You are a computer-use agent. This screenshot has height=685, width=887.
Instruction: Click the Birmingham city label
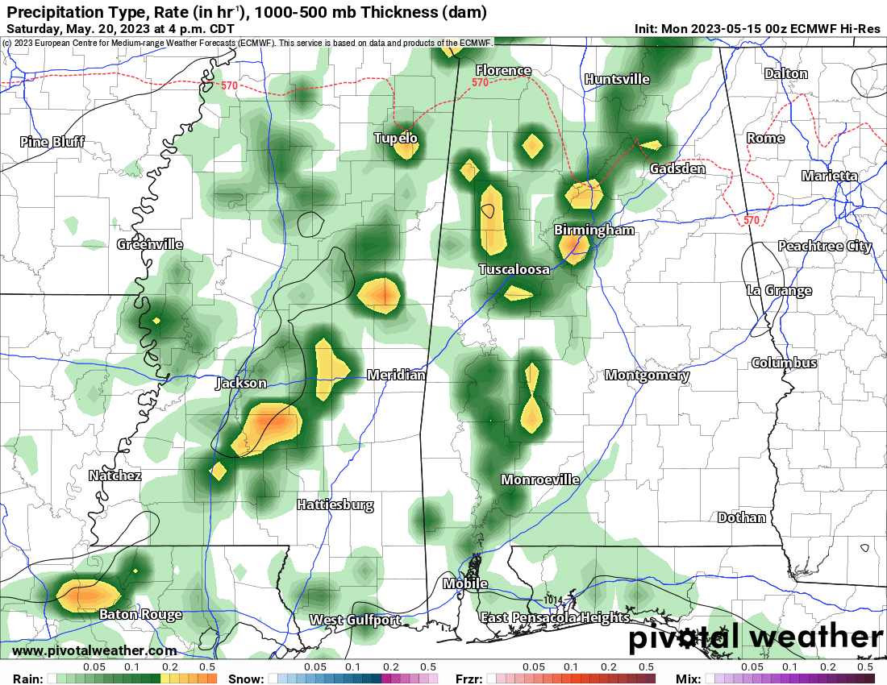click(x=594, y=230)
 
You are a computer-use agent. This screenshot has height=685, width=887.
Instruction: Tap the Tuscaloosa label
click(x=514, y=269)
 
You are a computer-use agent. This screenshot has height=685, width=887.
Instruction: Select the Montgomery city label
click(x=648, y=375)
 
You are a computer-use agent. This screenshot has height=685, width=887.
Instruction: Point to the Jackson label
click(x=240, y=384)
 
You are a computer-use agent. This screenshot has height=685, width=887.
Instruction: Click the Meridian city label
click(x=395, y=375)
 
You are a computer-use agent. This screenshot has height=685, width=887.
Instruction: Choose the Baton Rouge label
click(x=140, y=615)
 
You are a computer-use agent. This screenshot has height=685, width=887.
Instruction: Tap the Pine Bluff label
click(x=52, y=143)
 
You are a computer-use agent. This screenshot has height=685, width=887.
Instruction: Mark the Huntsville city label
click(x=617, y=79)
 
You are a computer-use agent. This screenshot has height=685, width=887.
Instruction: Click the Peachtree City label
click(x=824, y=246)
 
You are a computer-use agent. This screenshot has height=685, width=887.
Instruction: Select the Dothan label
click(x=742, y=517)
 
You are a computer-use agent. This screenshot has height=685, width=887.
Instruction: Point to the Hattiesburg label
click(x=335, y=505)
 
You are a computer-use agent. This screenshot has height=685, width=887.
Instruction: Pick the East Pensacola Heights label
click(x=555, y=617)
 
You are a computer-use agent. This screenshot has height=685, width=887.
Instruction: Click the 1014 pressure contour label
click(x=552, y=600)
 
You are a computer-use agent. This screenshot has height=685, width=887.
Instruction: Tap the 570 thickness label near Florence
click(x=481, y=82)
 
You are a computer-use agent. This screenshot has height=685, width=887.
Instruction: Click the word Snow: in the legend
click(x=245, y=679)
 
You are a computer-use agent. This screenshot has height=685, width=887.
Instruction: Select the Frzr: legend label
click(x=469, y=679)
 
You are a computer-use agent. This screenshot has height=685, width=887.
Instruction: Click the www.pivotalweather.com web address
click(x=94, y=650)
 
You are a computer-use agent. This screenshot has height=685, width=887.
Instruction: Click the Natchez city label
click(x=115, y=475)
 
